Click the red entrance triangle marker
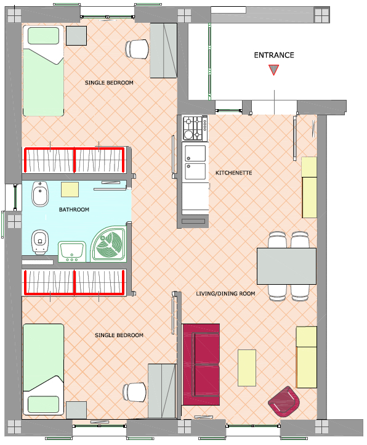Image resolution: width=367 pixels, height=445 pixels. (273, 69)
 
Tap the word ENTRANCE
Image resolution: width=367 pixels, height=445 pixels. (274, 55)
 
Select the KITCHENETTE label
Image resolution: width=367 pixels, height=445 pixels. (234, 173)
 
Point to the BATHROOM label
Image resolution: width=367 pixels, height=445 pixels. (74, 210)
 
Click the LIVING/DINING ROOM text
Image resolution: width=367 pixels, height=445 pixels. (225, 293)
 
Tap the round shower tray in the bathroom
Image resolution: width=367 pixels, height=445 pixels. (108, 244)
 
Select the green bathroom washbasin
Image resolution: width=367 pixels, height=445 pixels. (72, 251)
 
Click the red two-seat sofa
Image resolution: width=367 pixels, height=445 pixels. (201, 364)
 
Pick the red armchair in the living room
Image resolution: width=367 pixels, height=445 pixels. (284, 401)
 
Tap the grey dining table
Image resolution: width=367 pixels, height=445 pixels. (286, 266)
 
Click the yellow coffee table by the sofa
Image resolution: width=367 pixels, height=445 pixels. (247, 368)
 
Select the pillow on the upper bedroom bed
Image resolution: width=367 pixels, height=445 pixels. (43, 36)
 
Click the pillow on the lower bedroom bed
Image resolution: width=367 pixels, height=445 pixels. (43, 404)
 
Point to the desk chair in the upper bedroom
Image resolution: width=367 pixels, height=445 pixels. (137, 49)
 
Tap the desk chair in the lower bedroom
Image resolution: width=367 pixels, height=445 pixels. (135, 392)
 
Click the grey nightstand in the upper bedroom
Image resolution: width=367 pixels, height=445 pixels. (76, 36)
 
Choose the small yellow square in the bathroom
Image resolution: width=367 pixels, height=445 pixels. (70, 190)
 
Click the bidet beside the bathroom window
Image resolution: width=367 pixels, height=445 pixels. (40, 194)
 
